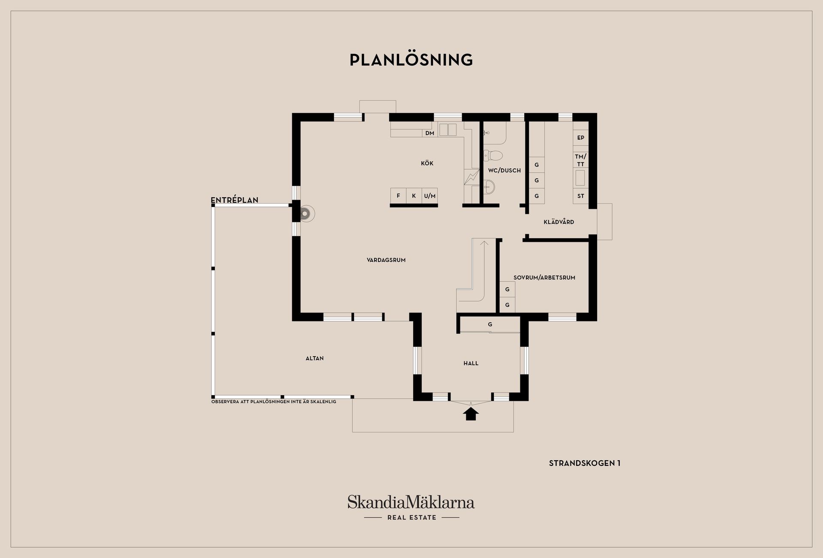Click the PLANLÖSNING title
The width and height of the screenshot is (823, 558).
[411, 60]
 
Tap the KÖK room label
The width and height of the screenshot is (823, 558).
[427, 163]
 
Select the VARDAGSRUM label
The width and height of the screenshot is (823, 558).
[386, 260]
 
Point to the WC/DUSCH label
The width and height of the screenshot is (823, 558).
[505, 171]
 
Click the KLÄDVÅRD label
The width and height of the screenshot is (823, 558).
[559, 222]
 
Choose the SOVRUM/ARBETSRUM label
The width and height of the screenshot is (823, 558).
[544, 278]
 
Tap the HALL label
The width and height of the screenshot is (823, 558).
[471, 363]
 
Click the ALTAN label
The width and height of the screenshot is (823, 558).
[315, 358]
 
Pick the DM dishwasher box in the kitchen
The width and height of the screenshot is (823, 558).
[430, 133]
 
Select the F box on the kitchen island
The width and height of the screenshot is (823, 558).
[398, 196]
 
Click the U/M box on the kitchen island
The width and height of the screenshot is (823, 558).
[430, 196]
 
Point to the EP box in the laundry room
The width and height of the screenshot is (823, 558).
[581, 138]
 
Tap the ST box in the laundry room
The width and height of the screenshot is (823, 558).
[581, 196]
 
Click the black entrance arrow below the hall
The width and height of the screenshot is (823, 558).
[471, 414]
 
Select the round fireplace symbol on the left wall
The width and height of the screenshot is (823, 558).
[306, 213]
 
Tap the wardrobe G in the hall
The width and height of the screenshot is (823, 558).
[490, 325]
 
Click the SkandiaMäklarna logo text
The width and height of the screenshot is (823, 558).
[411, 502]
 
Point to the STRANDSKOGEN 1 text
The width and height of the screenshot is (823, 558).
[585, 463]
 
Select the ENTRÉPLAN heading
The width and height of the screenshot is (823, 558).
[234, 200]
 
